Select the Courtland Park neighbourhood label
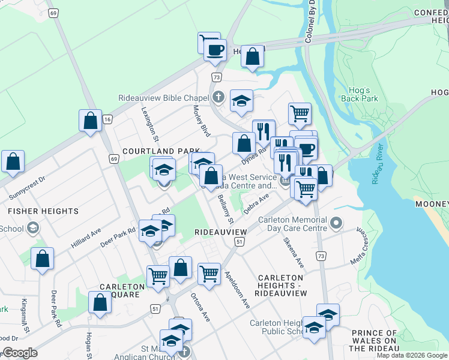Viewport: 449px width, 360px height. [161, 151]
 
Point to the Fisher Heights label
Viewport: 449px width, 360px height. [43, 211]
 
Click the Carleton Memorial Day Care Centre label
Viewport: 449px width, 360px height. [292, 224]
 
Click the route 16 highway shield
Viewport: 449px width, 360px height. [107, 120]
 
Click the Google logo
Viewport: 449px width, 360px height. [19, 353]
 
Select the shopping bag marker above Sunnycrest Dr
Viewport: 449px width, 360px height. [13, 161]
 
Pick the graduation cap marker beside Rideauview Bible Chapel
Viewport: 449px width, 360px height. [241, 101]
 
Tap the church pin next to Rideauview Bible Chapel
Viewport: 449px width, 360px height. [219, 97]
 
